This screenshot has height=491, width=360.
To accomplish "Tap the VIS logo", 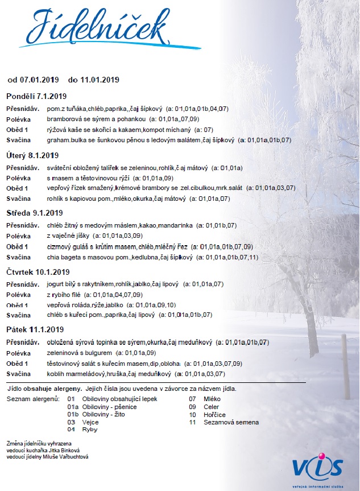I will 318,466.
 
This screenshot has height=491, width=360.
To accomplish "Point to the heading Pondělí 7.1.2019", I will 36,96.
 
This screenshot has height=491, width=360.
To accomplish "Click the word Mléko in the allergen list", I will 212,399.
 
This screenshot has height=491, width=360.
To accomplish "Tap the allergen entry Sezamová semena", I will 231,422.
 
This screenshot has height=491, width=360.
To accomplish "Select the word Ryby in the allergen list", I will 90,430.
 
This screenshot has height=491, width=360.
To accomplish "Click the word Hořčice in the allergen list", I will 215,415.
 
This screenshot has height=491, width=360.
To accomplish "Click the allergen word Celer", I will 212,407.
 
